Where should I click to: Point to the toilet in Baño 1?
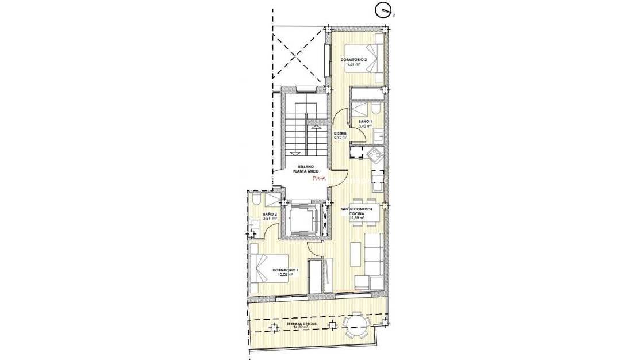(x=373, y=109)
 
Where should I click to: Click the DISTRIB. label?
(x=340, y=134)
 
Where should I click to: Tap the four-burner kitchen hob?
(x=375, y=154)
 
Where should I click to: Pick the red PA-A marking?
(x=318, y=178)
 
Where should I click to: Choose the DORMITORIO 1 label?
(x=286, y=270)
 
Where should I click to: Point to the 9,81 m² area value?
(x=353, y=64)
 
